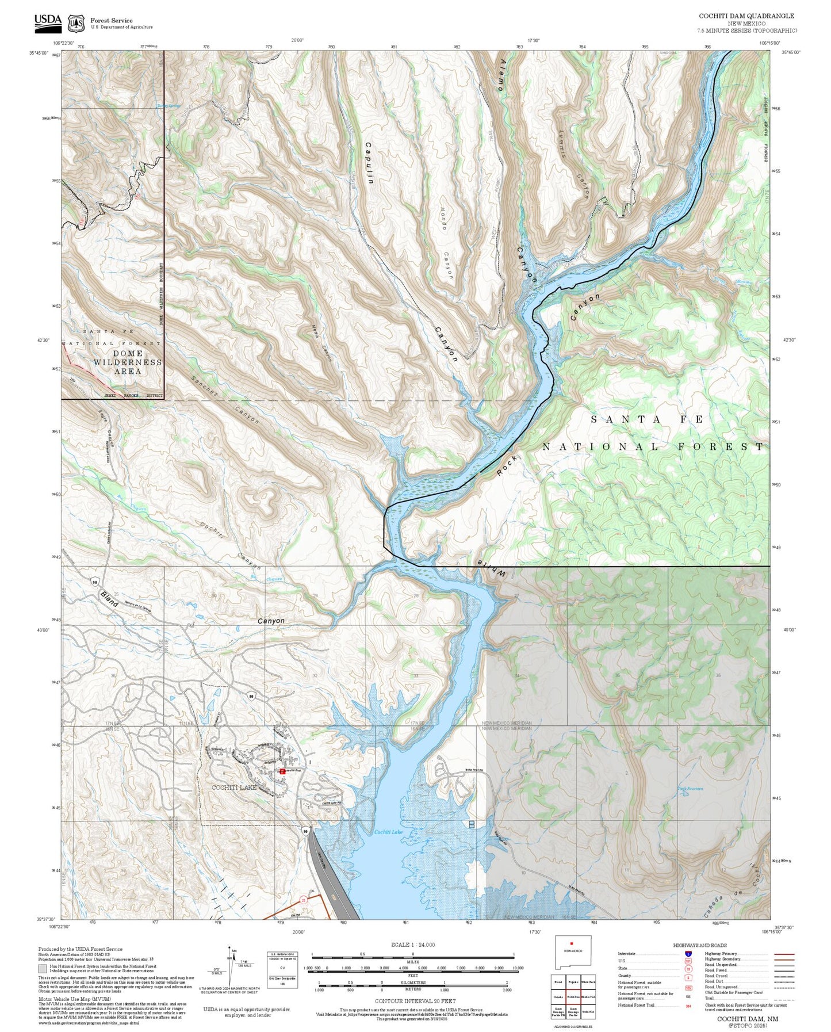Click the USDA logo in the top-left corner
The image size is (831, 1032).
pyautogui.click(x=48, y=21)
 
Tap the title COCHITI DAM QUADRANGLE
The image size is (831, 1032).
pyautogui.click(x=746, y=16)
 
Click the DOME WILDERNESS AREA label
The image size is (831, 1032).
pyautogui.click(x=128, y=362)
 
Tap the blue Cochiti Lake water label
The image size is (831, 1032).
pyautogui.click(x=388, y=832)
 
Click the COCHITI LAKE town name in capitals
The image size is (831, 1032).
pyautogui.click(x=234, y=788)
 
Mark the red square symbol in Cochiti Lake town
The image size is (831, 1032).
pyautogui.click(x=282, y=771)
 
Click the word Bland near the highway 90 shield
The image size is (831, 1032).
pyautogui.click(x=109, y=599)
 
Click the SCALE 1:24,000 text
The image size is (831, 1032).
pyautogui.click(x=412, y=945)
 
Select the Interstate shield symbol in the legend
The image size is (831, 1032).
pyautogui.click(x=688, y=954)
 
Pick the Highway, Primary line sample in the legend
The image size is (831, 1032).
pyautogui.click(x=784, y=954)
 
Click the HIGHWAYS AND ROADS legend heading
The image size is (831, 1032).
pyautogui.click(x=700, y=945)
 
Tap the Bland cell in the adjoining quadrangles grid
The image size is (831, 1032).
pyautogui.click(x=558, y=983)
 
